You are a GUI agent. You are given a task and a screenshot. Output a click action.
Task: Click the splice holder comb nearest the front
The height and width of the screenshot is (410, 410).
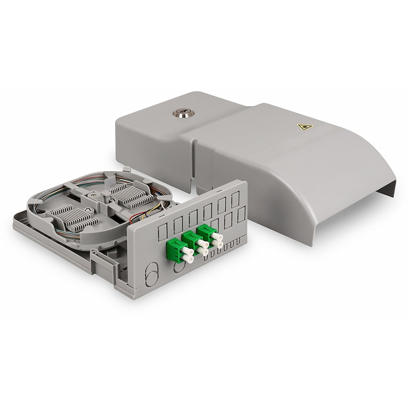coord(73,215)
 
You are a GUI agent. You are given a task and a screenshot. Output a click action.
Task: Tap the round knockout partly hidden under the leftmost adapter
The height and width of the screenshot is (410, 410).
coord(177,266)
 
